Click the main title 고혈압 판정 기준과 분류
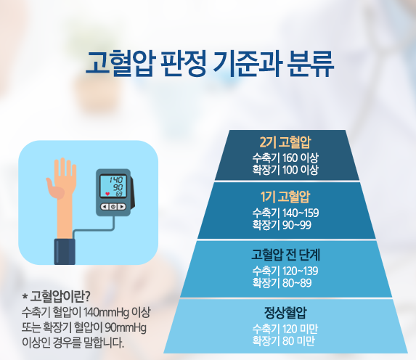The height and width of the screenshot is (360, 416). (210, 64)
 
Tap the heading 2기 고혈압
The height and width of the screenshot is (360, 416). (285, 142)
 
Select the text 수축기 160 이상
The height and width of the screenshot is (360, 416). (285, 157)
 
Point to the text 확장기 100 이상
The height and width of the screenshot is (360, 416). (285, 170)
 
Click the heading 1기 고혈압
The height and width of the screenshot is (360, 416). (285, 197)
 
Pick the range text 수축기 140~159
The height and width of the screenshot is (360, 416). (285, 213)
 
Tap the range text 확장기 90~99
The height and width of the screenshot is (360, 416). (282, 225)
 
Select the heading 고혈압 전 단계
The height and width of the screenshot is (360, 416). (285, 255)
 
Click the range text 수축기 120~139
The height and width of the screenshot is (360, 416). (285, 271)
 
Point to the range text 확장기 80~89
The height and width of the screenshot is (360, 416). (282, 283)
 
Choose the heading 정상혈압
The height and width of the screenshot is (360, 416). (285, 313)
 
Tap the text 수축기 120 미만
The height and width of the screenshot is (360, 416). (285, 329)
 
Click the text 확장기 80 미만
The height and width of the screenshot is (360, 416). (283, 341)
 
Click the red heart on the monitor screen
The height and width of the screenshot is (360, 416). (107, 194)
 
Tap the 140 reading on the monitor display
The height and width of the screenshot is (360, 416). (116, 180)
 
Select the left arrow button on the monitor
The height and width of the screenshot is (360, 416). (105, 207)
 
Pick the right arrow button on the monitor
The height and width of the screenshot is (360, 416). (121, 207)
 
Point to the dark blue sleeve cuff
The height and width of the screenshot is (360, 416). (65, 252)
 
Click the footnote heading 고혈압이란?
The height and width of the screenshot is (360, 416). (56, 297)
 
